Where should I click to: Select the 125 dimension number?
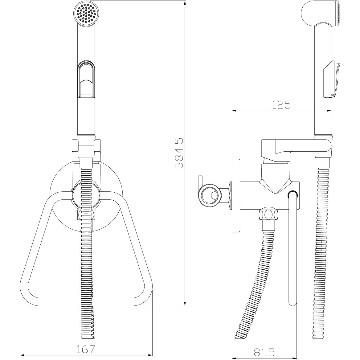281,105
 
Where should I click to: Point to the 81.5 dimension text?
265,352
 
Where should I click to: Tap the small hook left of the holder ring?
200,180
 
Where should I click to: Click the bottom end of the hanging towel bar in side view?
292,303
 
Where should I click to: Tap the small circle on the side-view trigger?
332,94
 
